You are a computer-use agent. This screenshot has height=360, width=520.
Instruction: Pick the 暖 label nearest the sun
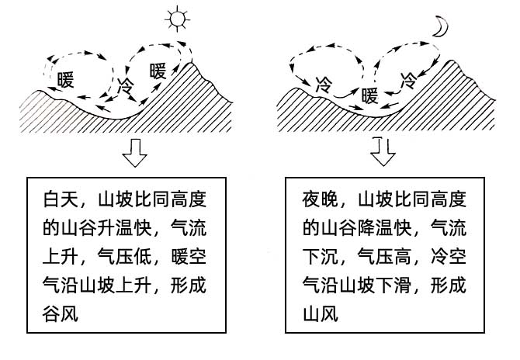pos(158,71)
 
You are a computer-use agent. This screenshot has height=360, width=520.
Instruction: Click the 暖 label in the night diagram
pos(370,95)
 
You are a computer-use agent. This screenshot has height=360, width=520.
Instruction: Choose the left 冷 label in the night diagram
pos(324,83)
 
